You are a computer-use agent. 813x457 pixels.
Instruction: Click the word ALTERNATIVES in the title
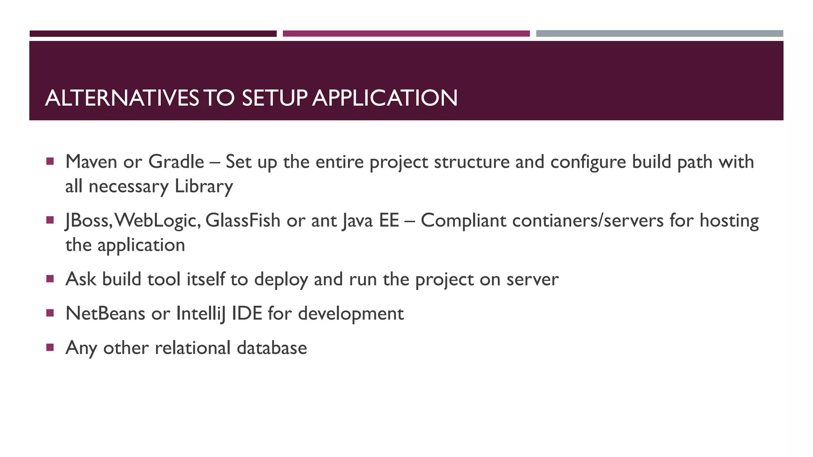point(122,98)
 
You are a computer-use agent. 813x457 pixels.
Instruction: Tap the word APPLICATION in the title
point(385,98)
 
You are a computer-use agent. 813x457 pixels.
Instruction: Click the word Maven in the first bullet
point(91,162)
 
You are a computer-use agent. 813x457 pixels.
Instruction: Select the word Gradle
point(176,162)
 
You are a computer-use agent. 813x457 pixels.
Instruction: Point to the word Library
point(204,186)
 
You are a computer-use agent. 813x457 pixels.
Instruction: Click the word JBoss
point(89,221)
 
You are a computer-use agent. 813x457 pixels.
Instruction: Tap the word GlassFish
point(243,221)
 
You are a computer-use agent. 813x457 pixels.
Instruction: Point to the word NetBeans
point(105,314)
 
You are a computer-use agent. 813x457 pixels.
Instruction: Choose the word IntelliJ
point(200,314)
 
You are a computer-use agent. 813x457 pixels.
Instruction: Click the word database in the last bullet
point(272,348)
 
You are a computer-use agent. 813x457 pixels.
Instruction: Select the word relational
point(193,348)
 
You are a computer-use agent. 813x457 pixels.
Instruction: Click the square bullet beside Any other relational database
point(50,348)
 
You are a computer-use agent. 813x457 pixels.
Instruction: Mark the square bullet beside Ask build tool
point(50,279)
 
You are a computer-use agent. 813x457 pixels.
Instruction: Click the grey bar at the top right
point(659,34)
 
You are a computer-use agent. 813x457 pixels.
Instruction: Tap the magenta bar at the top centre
point(406,34)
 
